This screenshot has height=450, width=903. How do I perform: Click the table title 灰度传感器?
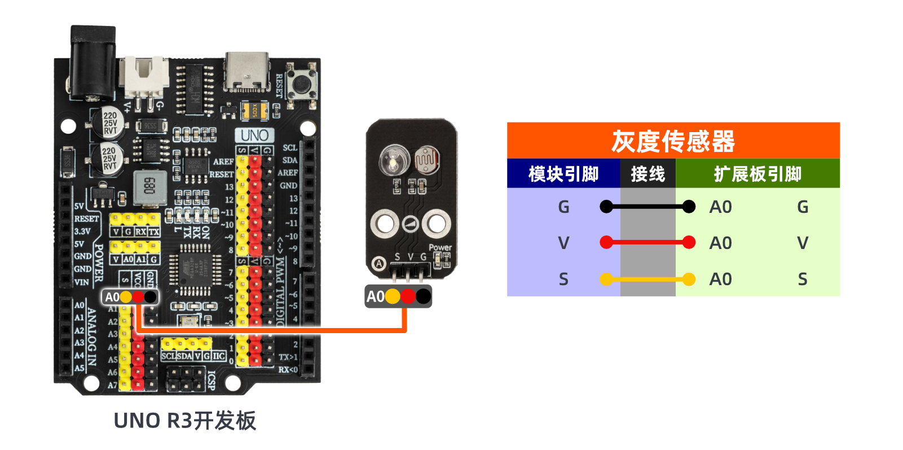(x=673, y=141)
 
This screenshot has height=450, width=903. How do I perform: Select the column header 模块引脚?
(x=563, y=174)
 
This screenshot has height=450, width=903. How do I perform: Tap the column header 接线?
(x=647, y=174)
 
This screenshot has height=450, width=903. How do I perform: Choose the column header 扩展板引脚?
(x=757, y=174)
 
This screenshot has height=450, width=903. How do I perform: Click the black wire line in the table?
(x=647, y=207)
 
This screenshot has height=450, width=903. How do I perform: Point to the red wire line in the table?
(x=647, y=243)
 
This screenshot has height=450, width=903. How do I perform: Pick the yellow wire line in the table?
(x=647, y=279)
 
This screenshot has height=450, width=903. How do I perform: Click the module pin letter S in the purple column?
(x=563, y=279)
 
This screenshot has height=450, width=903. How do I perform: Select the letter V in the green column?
(x=803, y=243)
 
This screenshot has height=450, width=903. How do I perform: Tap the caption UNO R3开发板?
(x=185, y=421)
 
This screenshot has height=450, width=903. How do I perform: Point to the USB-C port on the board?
(x=246, y=72)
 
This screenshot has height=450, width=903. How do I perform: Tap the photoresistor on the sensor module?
(x=427, y=160)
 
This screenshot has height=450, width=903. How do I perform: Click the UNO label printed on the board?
(x=254, y=136)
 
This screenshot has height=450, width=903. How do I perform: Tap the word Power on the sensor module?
(x=440, y=247)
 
